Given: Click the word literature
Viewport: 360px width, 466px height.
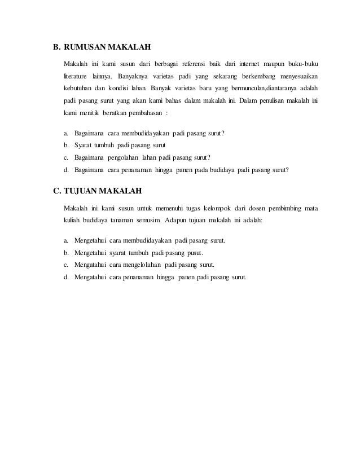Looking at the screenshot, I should coord(76,76).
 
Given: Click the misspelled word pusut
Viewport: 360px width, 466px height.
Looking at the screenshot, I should coord(194,253).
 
